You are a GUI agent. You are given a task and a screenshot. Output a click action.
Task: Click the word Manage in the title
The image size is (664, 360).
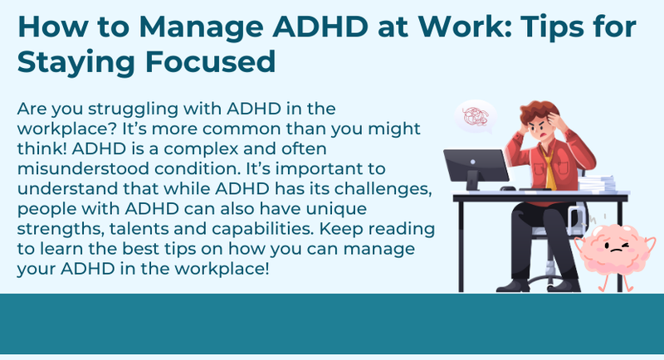click(x=202, y=28)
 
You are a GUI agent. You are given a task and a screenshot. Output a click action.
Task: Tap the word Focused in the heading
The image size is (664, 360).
click(x=211, y=61)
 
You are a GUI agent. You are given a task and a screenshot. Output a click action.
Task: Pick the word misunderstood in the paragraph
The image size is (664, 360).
click(x=82, y=168)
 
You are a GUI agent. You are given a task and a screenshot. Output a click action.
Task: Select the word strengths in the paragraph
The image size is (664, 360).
click(x=60, y=229)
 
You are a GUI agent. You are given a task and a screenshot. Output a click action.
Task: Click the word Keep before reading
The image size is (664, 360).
click(x=341, y=228)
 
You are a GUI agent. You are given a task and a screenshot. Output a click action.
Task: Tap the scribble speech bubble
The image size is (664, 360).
click(x=476, y=117)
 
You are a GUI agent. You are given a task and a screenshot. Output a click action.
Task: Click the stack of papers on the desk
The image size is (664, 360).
click(x=597, y=184)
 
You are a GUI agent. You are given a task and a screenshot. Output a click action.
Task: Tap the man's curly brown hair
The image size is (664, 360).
click(x=538, y=112)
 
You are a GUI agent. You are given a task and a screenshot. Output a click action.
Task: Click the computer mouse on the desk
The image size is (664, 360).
click(x=508, y=188)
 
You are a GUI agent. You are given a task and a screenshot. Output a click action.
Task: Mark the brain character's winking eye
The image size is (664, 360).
click(x=624, y=245)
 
